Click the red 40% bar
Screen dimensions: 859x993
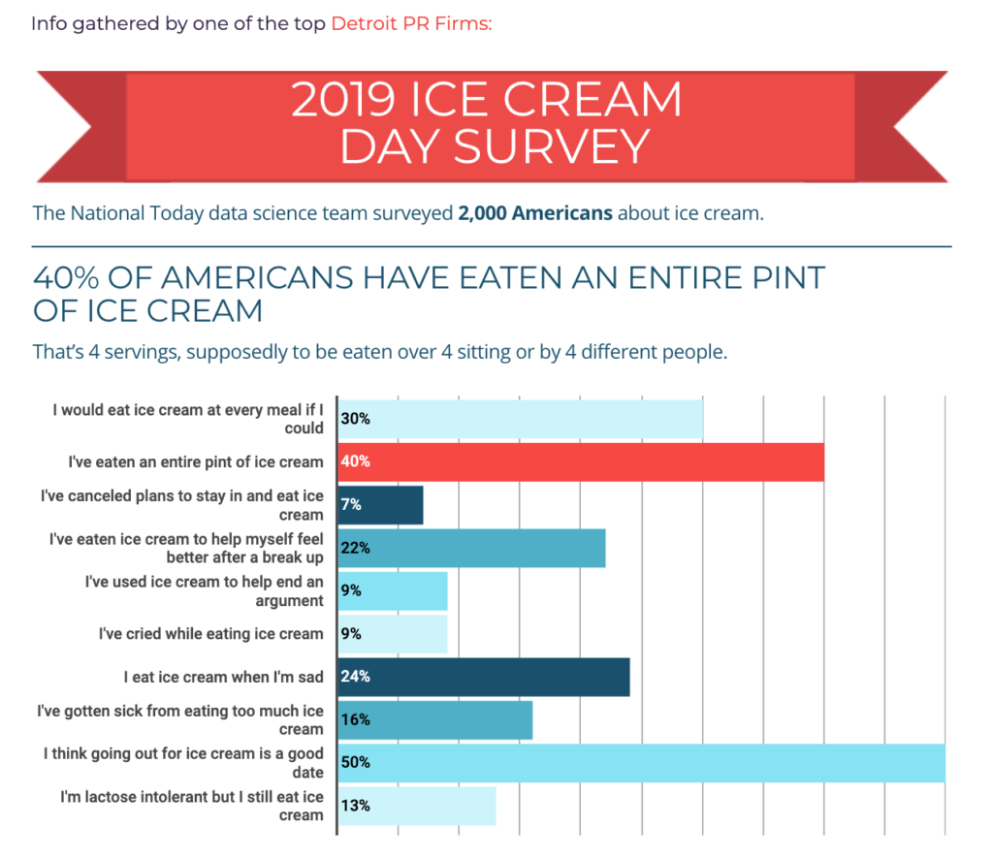(x=580, y=461)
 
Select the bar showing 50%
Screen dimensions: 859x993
(x=640, y=762)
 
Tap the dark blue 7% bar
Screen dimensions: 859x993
(x=380, y=505)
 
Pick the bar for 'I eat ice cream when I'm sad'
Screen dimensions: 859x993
(x=483, y=677)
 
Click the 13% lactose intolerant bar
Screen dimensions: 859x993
(x=417, y=806)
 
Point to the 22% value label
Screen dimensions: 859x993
(x=356, y=548)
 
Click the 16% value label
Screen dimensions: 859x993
(x=356, y=719)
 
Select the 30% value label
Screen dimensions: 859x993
(x=356, y=419)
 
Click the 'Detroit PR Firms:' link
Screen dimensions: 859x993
(x=411, y=22)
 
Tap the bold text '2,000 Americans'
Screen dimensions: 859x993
(x=535, y=212)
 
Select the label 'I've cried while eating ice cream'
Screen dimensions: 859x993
(x=210, y=634)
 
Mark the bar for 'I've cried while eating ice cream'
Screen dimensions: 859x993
(x=392, y=634)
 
